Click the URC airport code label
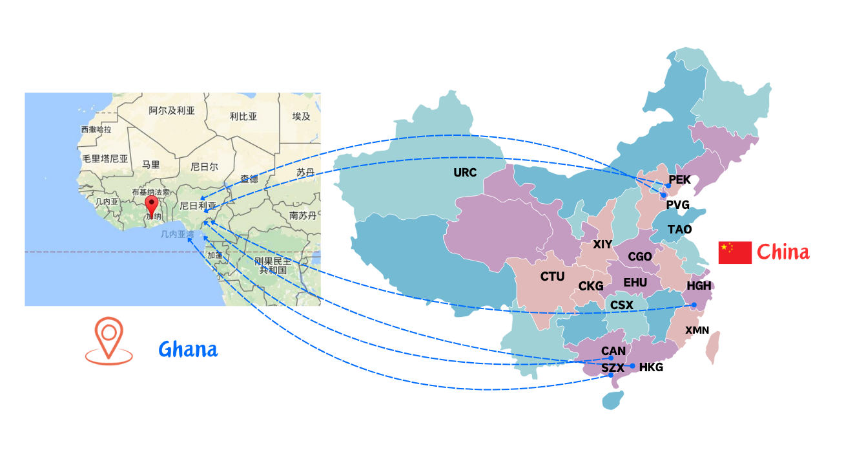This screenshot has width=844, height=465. click(464, 173)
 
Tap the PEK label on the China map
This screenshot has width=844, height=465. click(679, 180)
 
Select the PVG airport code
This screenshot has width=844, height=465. click(677, 205)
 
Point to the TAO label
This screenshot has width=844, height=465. click(679, 230)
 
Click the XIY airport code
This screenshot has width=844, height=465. click(602, 244)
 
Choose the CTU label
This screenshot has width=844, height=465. click(552, 277)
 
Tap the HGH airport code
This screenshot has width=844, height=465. click(699, 286)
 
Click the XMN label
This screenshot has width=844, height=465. click(697, 330)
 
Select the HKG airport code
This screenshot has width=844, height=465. click(651, 367)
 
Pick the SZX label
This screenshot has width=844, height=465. click(613, 368)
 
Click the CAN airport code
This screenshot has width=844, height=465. click(613, 351)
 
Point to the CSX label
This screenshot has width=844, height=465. click(622, 305)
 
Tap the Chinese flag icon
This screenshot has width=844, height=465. click(735, 252)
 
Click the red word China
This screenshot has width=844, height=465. click(783, 252)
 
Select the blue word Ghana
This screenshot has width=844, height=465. click(188, 350)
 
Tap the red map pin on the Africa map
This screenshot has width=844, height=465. click(152, 206)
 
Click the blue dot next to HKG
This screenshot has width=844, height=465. click(633, 367)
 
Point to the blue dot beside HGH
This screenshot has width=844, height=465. click(694, 305)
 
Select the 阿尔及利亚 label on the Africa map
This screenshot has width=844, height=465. click(171, 111)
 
